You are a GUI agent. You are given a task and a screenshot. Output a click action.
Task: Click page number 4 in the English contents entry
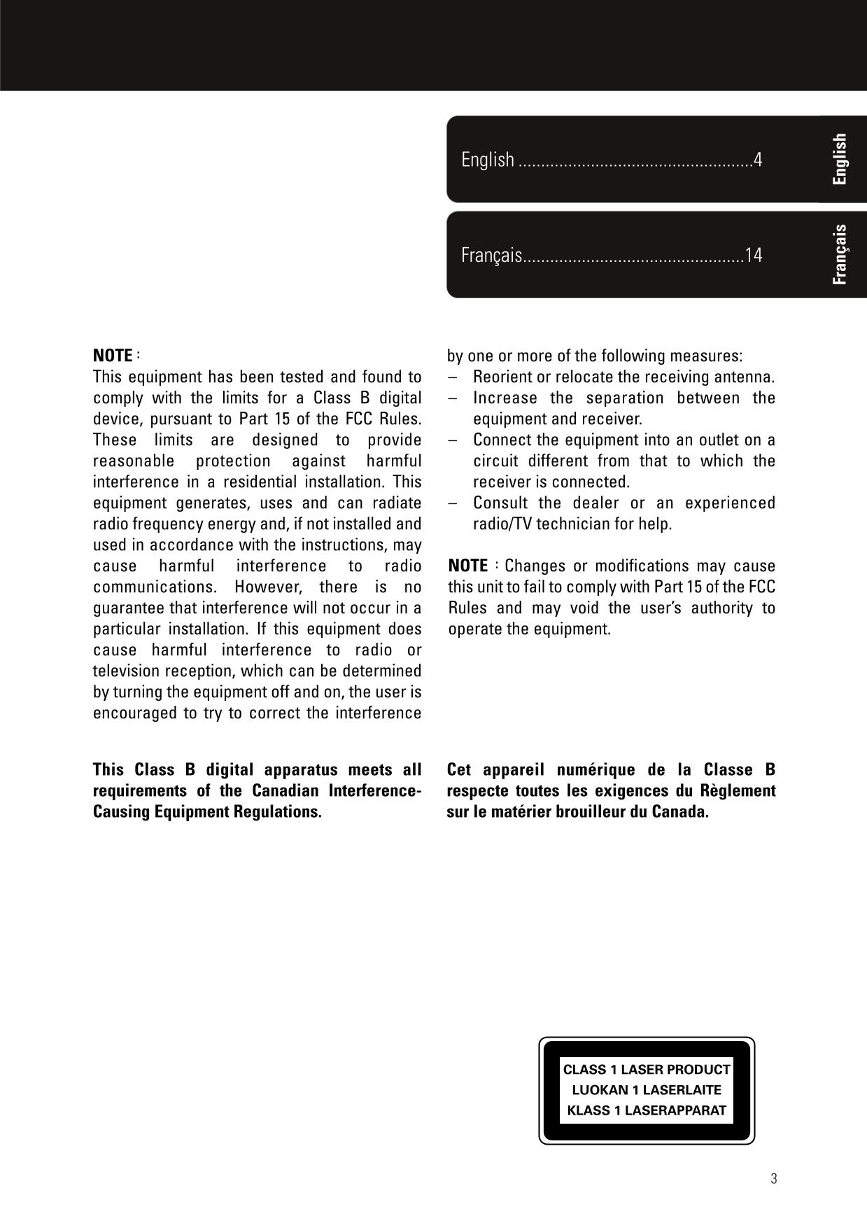coord(757,160)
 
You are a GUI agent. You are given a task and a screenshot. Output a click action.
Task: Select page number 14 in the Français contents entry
coord(754,255)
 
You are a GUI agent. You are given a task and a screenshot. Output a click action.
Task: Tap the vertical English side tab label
coord(840,159)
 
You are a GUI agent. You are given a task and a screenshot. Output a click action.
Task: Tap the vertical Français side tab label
coord(840,255)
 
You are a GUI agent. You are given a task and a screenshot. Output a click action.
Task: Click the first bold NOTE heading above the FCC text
coord(113,355)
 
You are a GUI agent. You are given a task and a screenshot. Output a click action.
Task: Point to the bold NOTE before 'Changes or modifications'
coord(467,566)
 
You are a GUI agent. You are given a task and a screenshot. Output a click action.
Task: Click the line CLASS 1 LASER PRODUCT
coord(647,1070)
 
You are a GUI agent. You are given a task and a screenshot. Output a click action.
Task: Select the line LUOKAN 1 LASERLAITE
coord(647,1090)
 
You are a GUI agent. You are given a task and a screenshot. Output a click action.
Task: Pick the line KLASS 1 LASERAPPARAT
coord(647,1110)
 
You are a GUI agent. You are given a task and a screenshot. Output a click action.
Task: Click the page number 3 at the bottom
coord(773,1178)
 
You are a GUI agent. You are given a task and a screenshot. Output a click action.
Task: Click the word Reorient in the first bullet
coord(502,377)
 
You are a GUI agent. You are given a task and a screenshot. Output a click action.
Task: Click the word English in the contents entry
coord(488,160)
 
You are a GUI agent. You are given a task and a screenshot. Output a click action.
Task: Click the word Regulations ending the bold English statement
coord(283,812)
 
